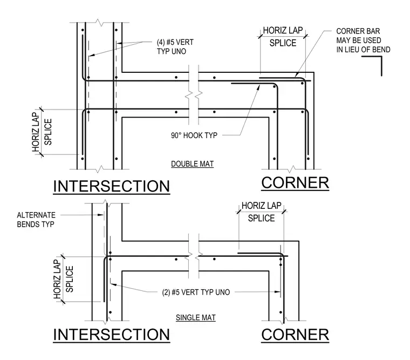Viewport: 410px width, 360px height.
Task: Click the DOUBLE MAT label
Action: tap(192, 164)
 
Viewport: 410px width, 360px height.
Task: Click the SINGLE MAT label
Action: tap(196, 317)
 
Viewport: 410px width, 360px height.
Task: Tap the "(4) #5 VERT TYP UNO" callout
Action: tap(175, 46)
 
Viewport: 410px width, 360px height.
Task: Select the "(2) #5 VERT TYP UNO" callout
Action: tap(196, 292)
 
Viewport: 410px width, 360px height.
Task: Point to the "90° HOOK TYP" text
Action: tap(194, 135)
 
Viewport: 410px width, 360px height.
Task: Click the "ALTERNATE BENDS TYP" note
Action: tap(36, 220)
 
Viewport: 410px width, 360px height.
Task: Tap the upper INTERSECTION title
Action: tap(111, 186)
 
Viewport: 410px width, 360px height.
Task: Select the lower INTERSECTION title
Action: tap(111, 334)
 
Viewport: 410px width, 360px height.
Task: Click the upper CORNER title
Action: tap(295, 182)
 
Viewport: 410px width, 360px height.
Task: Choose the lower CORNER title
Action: tap(295, 335)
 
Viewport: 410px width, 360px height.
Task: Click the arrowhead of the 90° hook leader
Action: tap(259, 86)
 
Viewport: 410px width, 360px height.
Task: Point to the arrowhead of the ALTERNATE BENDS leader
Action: tap(101, 215)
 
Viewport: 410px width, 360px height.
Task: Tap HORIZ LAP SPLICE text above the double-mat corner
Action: tap(283, 37)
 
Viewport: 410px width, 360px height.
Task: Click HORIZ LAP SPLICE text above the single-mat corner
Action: tap(261, 212)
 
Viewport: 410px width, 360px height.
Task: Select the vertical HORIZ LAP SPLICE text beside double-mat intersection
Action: tap(42, 132)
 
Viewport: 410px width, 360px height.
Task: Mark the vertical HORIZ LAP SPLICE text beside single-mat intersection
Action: tap(63, 279)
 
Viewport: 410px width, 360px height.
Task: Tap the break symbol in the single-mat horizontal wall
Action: tap(194, 256)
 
